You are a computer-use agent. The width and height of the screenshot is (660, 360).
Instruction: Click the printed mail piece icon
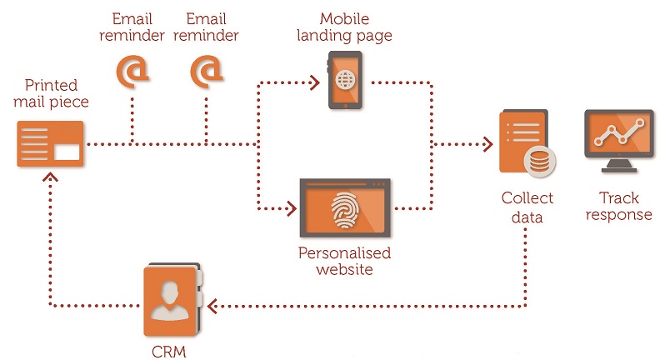50,143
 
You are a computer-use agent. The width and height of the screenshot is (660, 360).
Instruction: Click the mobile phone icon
345,80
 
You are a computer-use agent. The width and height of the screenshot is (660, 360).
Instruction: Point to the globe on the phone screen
345,79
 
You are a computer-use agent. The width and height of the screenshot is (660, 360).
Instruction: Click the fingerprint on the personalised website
345,210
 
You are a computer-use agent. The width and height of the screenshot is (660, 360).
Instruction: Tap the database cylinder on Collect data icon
540,161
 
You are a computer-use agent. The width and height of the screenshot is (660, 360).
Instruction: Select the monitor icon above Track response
618,141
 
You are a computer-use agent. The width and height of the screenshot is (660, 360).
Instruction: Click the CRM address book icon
172,300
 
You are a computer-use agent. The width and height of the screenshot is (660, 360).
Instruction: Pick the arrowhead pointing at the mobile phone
314,82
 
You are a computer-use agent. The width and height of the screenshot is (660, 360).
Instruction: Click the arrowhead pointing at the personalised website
292,208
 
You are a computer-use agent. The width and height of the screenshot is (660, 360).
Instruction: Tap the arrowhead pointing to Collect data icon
487,144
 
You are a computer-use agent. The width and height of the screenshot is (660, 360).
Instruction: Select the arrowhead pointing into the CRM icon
212,306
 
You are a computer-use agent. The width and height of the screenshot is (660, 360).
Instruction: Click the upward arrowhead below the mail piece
50,177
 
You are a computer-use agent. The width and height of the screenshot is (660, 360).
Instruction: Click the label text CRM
169,352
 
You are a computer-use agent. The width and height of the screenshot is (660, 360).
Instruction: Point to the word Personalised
345,253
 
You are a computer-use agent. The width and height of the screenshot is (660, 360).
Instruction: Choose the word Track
618,197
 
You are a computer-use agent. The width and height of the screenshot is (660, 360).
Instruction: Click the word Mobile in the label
344,18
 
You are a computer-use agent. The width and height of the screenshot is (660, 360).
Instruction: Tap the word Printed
52,85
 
